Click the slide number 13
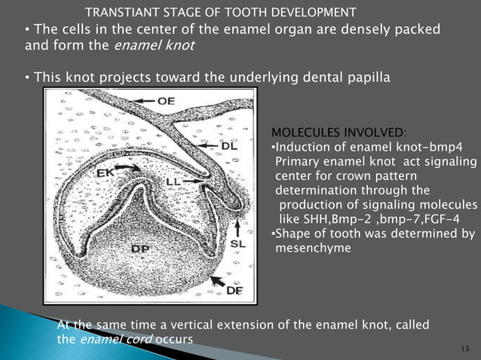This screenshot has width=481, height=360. (x=463, y=349)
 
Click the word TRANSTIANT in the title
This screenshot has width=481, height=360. (x=120, y=13)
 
